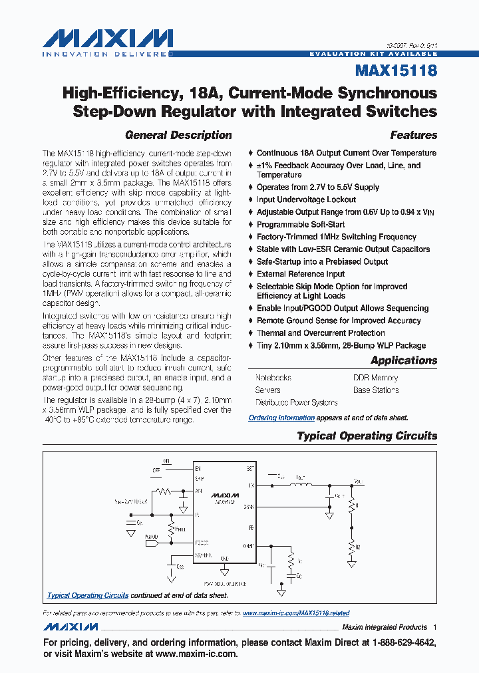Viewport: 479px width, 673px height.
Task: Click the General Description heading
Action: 178,135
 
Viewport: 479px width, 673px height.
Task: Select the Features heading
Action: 413,135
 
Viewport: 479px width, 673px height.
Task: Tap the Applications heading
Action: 404,360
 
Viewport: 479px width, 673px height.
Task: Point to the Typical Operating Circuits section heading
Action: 367,436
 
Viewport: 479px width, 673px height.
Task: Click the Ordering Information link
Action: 281,418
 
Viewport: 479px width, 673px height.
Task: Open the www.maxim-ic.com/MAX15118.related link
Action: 296,613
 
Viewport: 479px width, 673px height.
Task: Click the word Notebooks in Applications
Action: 273,378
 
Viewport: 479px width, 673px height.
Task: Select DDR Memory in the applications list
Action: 375,378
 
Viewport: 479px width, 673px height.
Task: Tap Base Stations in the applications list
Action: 376,390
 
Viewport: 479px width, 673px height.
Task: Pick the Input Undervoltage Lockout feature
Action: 306,200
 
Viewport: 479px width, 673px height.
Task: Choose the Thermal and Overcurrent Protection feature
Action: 321,333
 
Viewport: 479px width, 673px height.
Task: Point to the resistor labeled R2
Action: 351,547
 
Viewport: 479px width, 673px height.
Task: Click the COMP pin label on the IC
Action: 248,546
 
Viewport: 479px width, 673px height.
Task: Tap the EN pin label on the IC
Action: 198,469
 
